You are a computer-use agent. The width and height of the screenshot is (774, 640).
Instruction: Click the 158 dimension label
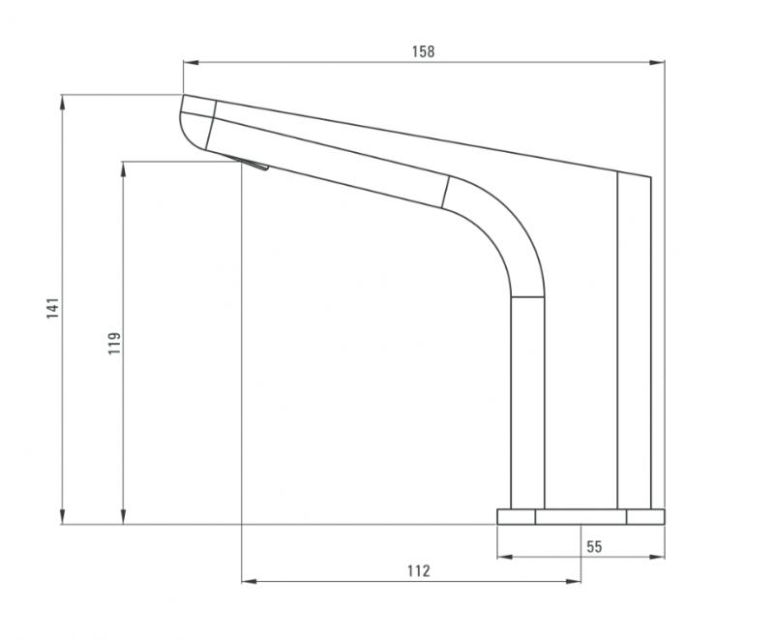click(x=424, y=52)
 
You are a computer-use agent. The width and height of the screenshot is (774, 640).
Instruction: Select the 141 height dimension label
click(x=54, y=308)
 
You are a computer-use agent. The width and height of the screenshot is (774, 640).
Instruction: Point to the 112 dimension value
click(x=418, y=570)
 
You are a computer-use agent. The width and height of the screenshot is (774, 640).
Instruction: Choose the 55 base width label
click(x=594, y=546)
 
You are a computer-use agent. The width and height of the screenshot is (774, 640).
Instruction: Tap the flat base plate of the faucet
click(x=580, y=516)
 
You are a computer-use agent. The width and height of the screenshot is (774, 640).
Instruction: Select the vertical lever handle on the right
click(x=634, y=339)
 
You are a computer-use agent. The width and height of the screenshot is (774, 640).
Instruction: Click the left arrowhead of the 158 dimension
click(x=190, y=64)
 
